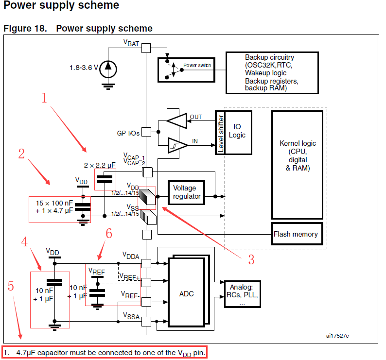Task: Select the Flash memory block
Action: [x=296, y=234]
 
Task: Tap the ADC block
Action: [x=187, y=293]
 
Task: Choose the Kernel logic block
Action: [x=298, y=155]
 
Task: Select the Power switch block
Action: [x=184, y=69]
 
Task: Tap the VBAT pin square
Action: [x=146, y=48]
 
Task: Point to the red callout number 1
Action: [x=44, y=99]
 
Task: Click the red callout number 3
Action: [x=251, y=260]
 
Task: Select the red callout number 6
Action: [x=109, y=234]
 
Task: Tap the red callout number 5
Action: [x=11, y=286]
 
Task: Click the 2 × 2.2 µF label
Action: [x=100, y=166]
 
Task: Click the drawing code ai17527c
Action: [x=337, y=336]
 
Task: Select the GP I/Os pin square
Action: [x=146, y=132]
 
